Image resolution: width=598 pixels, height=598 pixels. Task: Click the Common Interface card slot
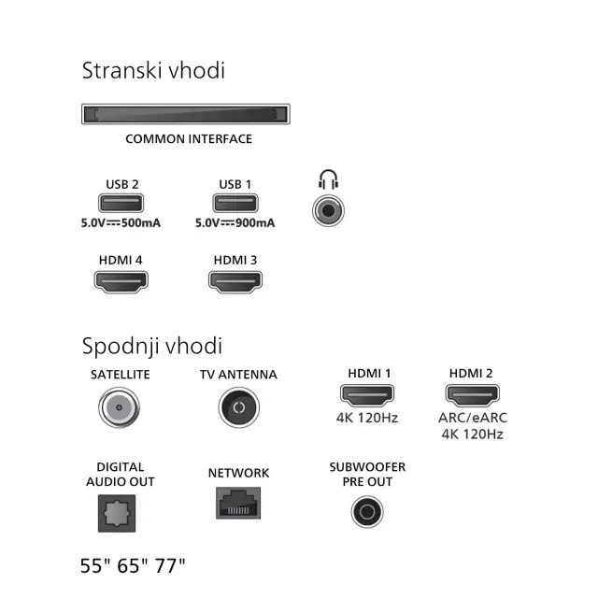tap(186, 114)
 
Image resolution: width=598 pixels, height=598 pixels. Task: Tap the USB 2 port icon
tap(121, 203)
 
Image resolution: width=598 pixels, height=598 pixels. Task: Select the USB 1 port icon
tap(235, 203)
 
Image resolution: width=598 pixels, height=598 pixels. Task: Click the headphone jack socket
tap(328, 210)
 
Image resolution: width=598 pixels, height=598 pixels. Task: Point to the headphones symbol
tap(328, 179)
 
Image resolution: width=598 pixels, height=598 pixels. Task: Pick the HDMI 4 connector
tap(121, 282)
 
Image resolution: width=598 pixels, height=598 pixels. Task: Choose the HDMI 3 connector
tap(235, 282)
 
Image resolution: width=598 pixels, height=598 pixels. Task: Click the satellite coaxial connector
tap(119, 407)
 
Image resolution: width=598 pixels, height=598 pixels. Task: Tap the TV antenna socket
tap(239, 407)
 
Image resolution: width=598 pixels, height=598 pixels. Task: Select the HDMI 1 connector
tap(367, 395)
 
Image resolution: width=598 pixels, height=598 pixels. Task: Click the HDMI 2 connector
tap(473, 395)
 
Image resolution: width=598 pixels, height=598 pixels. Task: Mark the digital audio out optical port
tap(117, 513)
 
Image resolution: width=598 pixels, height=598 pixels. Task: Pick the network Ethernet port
tap(238, 503)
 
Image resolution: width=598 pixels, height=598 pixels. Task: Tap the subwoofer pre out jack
tap(367, 512)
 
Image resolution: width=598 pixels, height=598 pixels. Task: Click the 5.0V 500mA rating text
tap(121, 222)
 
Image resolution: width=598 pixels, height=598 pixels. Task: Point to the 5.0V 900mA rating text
tap(235, 222)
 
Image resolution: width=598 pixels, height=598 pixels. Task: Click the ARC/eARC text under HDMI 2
tap(473, 418)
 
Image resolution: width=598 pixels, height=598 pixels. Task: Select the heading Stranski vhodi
tap(153, 70)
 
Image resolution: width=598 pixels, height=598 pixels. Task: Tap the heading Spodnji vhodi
tap(152, 346)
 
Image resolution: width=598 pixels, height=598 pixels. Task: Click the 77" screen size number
tap(170, 565)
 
